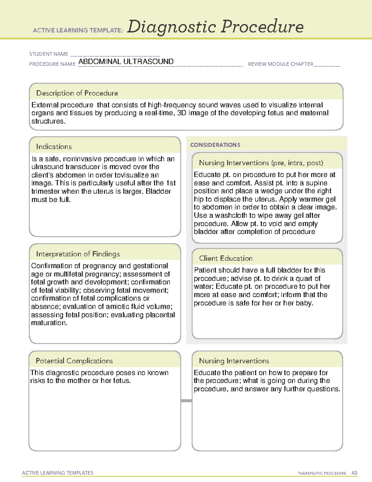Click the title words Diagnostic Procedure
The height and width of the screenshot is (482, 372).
coord(215,27)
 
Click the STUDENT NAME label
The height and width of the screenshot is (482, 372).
coord(49,54)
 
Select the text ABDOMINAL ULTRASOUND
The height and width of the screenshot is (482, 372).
coord(126,61)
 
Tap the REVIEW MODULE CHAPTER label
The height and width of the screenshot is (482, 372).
coord(281,64)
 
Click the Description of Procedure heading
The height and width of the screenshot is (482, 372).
coord(77,93)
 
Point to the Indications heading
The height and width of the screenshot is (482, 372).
coord(54,146)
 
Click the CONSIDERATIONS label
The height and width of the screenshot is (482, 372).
coord(215,145)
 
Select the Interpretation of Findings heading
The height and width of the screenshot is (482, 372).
coord(78,254)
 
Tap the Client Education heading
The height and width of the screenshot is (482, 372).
coord(226,258)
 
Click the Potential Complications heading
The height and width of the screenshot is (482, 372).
coord(74,361)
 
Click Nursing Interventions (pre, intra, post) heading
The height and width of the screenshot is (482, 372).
coord(261,163)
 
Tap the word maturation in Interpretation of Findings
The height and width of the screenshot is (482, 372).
coord(49,323)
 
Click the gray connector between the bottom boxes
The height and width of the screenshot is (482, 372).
coord(186,401)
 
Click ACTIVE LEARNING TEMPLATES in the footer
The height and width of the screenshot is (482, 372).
coord(57,473)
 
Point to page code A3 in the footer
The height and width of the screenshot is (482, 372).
coord(354,473)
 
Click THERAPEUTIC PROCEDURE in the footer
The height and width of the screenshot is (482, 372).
coord(322,473)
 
